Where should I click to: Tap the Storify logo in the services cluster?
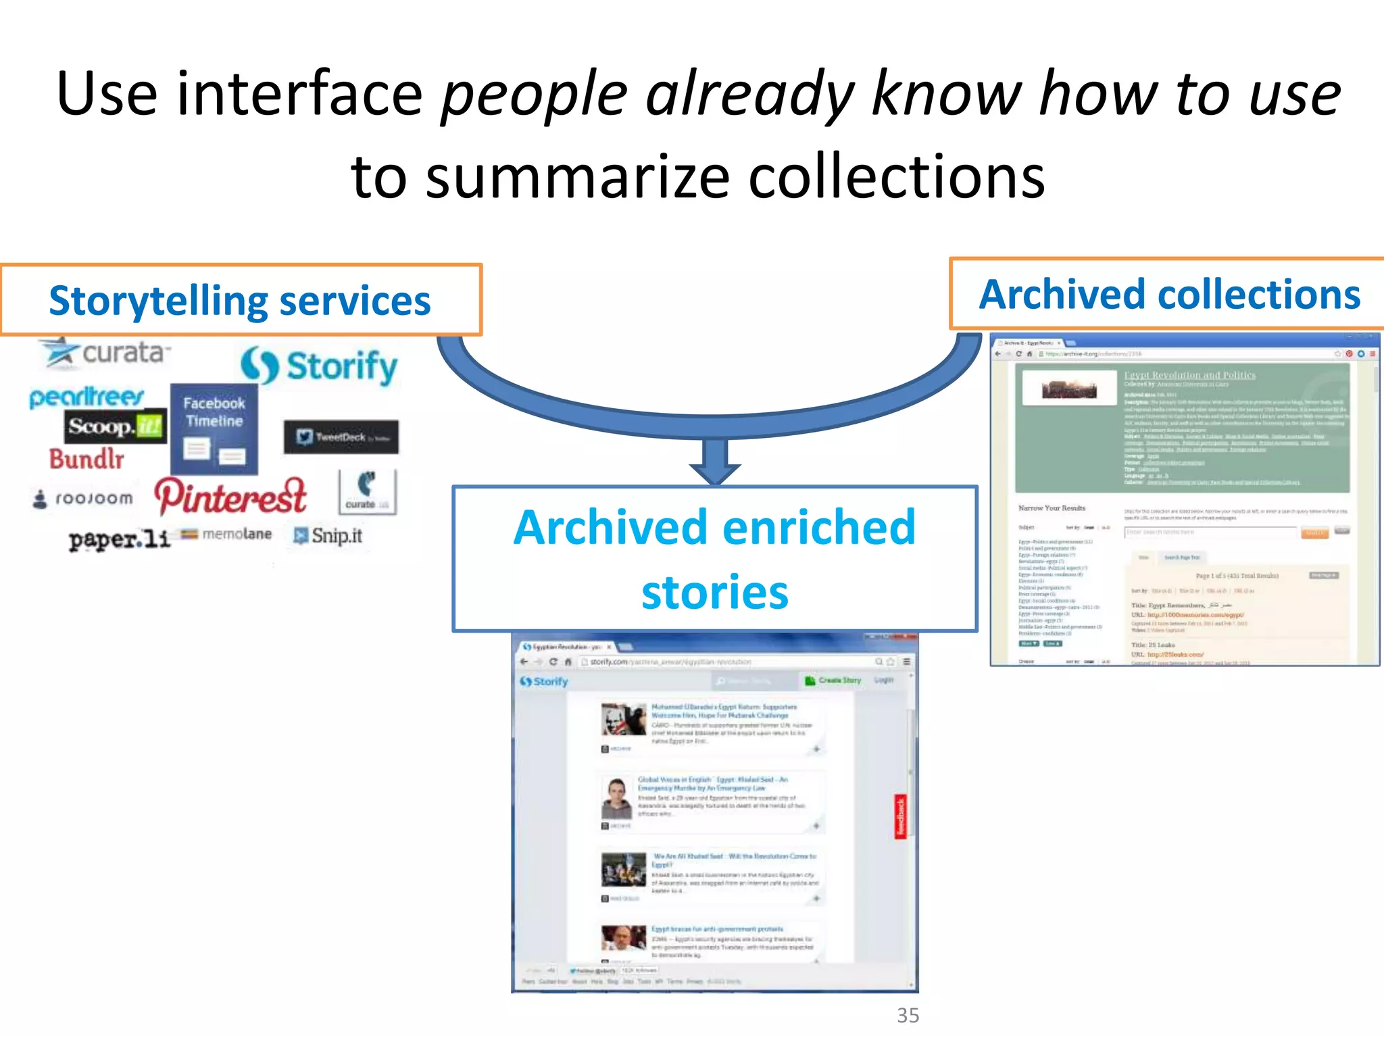[x=319, y=367]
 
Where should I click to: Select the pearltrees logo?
[x=86, y=397]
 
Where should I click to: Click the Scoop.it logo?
[x=116, y=426]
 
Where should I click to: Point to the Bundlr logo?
[x=86, y=460]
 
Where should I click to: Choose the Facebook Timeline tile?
[x=214, y=428]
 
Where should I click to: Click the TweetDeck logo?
[x=341, y=437]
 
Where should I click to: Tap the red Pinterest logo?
[x=230, y=497]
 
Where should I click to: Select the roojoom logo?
[x=84, y=499]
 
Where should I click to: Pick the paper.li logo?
[x=119, y=539]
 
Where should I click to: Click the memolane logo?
[x=227, y=535]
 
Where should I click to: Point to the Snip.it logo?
[x=328, y=536]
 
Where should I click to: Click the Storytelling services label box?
[x=241, y=300]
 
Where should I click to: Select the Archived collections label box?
[x=1168, y=295]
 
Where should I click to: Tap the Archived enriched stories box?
[x=715, y=559]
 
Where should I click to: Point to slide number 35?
[x=908, y=1015]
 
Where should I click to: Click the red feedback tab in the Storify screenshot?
[x=901, y=816]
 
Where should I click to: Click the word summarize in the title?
[x=578, y=177]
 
